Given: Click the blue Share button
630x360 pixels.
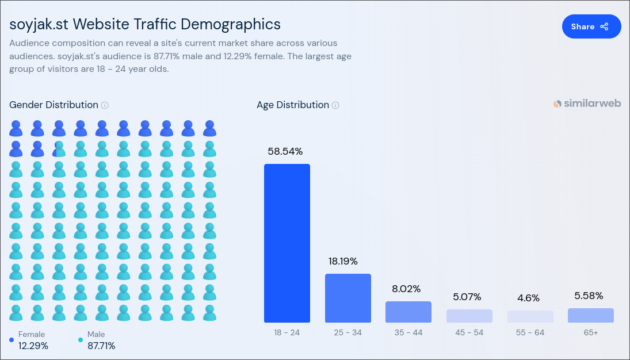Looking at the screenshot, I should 591,26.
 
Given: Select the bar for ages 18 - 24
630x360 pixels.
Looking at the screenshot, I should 287,243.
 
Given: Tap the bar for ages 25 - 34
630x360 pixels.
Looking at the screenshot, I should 348,298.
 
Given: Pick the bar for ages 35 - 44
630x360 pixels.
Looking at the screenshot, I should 408,312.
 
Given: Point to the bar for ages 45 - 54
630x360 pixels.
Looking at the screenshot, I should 469,316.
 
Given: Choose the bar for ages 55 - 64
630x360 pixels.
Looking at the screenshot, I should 530,317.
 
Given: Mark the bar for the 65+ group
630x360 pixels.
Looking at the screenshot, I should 591,315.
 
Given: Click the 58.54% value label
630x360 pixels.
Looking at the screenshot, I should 285,151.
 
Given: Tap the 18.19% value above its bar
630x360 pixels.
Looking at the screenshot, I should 343,261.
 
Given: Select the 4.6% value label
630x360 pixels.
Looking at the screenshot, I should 528,298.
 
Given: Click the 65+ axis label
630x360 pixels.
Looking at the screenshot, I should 590,332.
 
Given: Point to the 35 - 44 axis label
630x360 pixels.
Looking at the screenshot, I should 408,332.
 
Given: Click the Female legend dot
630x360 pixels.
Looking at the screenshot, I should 12,340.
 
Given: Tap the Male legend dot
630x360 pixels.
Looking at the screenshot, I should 81,340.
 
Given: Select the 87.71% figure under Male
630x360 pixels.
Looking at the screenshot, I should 101,346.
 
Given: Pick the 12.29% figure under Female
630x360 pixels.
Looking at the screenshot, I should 33,346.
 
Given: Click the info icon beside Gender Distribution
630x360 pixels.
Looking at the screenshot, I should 105,105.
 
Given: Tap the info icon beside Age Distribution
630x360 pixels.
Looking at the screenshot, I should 335,105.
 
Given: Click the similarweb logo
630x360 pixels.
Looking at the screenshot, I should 587,104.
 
